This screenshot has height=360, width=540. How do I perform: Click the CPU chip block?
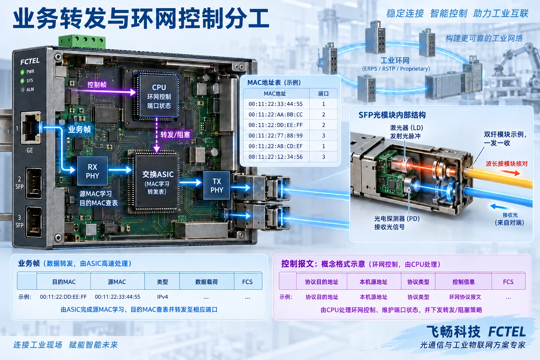click(159, 96)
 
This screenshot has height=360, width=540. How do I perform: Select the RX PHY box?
click(92, 171)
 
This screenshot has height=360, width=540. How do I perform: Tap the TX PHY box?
click(217, 185)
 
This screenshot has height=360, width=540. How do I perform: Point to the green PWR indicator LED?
click(22, 72)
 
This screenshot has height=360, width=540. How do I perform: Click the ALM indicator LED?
click(22, 90)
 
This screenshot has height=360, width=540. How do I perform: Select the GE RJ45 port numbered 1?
click(31, 128)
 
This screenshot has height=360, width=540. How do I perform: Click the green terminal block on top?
click(82, 41)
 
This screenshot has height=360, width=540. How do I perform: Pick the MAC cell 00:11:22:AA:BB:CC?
click(276, 115)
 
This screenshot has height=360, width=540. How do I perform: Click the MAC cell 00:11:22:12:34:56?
click(276, 157)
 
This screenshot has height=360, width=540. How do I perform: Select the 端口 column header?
click(323, 94)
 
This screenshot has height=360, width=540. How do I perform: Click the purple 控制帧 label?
click(97, 85)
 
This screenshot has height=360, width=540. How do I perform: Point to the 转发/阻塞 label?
click(175, 135)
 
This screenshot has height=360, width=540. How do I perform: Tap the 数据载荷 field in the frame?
click(207, 282)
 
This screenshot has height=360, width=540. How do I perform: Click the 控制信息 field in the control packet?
click(463, 282)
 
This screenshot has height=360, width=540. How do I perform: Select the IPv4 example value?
click(162, 297)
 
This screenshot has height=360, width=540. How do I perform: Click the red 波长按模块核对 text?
click(507, 164)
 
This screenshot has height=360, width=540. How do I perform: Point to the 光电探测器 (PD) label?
click(397, 218)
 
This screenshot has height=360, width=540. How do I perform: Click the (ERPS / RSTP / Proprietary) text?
click(396, 69)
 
